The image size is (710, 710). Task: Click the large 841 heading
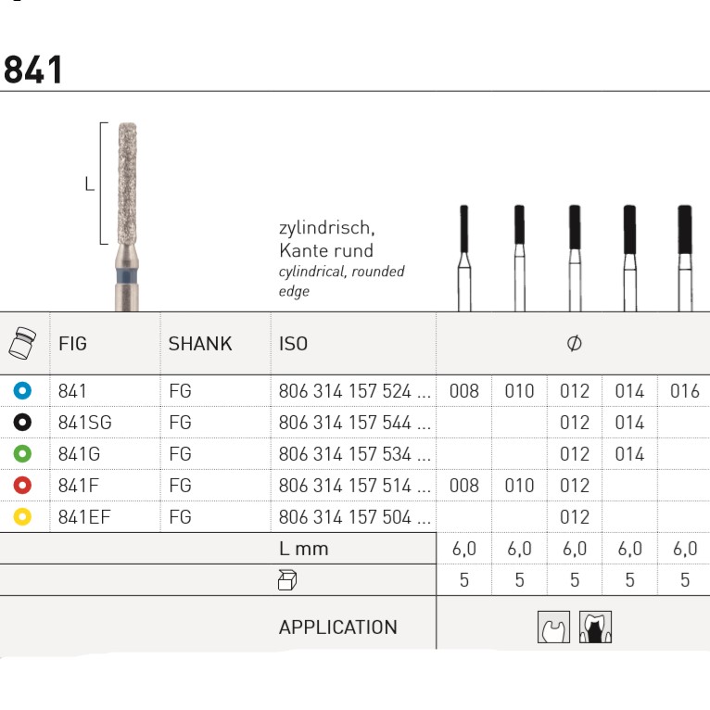tap(32, 70)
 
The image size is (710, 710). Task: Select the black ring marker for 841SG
tap(22, 422)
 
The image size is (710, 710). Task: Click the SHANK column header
tap(200, 344)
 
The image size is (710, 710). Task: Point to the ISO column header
tap(294, 344)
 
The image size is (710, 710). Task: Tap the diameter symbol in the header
tap(574, 343)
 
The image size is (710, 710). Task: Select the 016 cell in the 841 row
tap(685, 391)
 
